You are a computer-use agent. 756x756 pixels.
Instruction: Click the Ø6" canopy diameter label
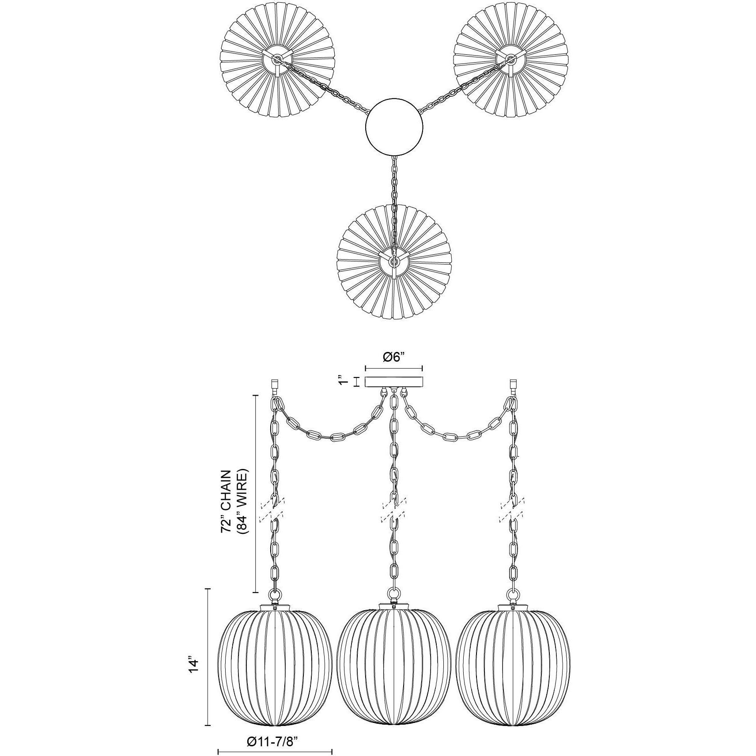pos(393,357)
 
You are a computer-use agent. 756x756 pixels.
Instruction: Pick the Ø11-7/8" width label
pos(275,729)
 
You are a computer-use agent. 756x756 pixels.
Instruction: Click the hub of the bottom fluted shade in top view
pos(393,261)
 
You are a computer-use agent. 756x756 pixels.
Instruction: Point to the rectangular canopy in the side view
pos(394,382)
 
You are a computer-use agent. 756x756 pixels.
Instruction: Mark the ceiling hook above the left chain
pos(274,386)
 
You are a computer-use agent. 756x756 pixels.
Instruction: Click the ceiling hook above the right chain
pos(513,386)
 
